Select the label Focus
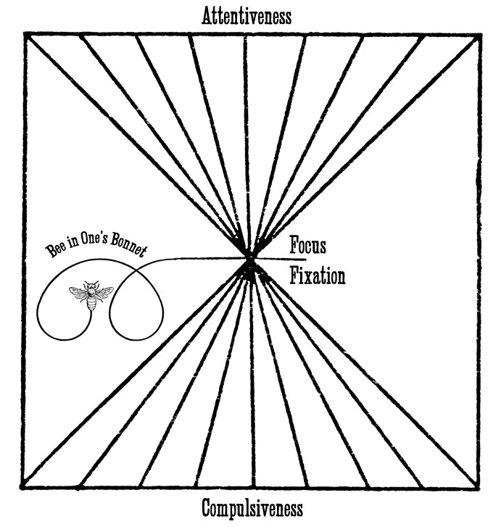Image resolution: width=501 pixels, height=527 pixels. point(307,246)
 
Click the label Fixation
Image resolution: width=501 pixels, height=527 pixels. point(317,276)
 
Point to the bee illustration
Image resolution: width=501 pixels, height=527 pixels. point(91,295)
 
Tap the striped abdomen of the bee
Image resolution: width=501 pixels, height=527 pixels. point(91,304)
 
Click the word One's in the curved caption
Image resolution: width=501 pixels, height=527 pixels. point(90,245)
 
